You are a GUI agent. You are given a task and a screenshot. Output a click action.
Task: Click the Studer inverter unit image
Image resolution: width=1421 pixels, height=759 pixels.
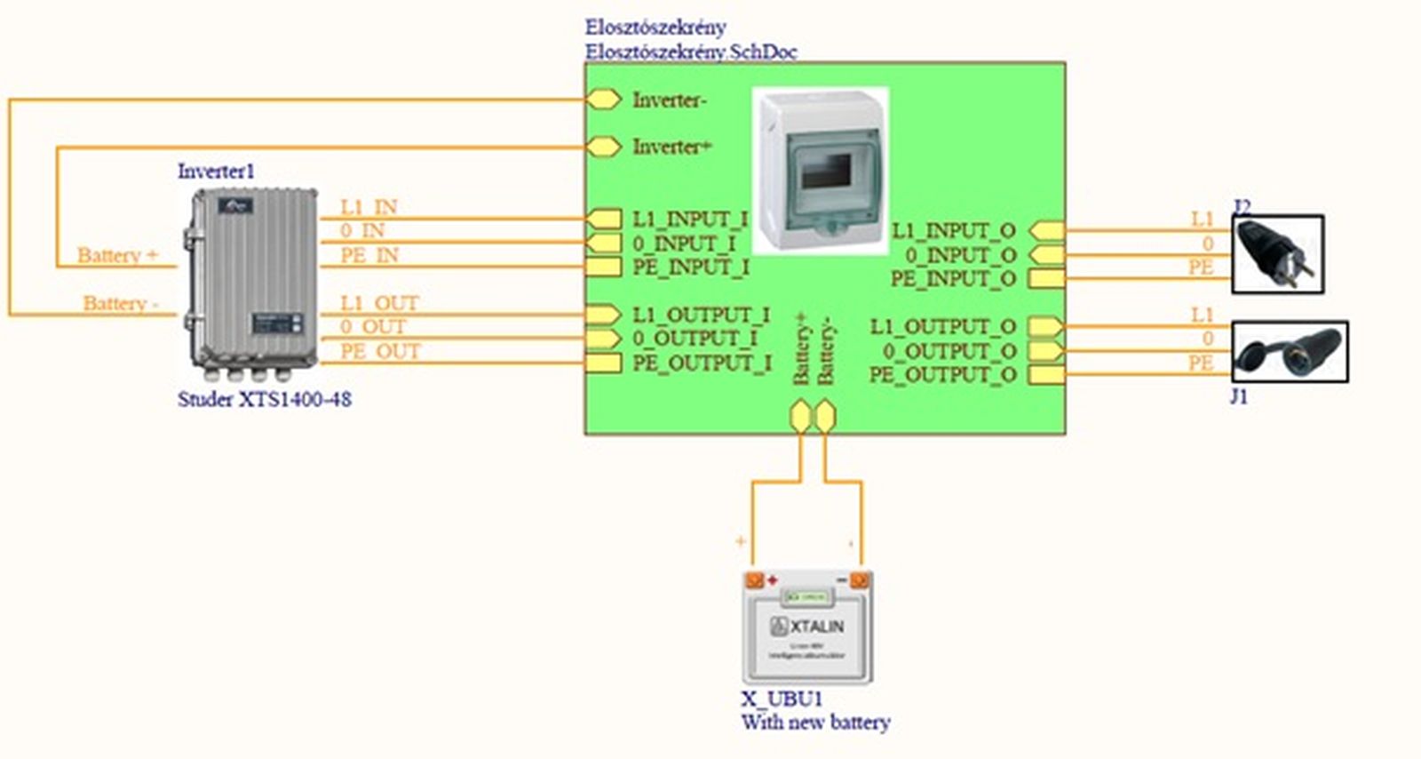pos(253,280)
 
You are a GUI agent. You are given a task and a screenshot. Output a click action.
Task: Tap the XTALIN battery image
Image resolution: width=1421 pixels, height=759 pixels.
pos(806,627)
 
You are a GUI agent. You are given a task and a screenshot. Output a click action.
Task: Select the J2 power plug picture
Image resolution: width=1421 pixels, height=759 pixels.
pos(1277,254)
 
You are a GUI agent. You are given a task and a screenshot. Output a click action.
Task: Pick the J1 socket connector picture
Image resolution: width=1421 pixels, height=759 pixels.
pos(1290,352)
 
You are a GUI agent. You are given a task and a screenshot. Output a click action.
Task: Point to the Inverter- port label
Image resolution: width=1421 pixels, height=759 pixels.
pos(670,100)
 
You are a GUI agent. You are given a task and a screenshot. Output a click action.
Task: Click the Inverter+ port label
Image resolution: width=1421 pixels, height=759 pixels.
pos(672,147)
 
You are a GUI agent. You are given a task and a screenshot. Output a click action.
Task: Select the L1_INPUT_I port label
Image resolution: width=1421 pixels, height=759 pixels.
pos(690,219)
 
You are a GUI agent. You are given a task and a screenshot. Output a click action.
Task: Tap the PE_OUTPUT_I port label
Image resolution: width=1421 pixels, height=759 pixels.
pos(702,364)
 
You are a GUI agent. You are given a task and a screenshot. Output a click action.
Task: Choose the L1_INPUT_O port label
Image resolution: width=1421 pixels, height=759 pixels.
pos(953,231)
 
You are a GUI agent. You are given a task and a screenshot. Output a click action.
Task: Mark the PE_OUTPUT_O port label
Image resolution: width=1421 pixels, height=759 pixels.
pos(942,375)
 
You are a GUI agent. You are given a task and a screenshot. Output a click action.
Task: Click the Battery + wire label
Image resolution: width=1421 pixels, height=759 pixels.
pos(117,256)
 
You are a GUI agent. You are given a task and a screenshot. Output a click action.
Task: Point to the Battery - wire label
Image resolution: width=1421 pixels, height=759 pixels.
pos(120,304)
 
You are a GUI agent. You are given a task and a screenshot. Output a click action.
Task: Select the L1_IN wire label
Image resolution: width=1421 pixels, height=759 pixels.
pos(369,207)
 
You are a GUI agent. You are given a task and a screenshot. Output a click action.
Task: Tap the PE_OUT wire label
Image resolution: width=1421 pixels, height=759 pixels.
pos(380,352)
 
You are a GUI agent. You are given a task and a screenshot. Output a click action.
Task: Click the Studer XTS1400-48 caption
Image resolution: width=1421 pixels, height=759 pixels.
pos(264,400)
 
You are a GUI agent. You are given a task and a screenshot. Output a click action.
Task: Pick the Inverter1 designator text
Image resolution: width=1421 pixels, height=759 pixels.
pos(216,172)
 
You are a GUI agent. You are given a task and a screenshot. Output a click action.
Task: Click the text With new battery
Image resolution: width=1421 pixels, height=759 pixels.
pos(815,723)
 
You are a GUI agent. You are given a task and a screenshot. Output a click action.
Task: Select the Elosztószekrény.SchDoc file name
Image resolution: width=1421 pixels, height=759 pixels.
pos(690,52)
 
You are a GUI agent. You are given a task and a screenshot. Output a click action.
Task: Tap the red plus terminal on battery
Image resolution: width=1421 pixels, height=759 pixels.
pos(772,580)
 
